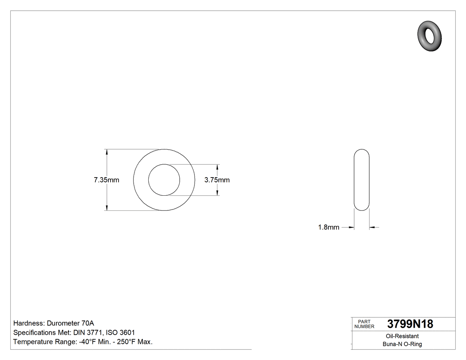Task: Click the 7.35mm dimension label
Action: (x=106, y=180)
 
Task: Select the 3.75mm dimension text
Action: (x=217, y=180)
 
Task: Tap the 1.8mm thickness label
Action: (x=328, y=227)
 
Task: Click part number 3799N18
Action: (x=410, y=324)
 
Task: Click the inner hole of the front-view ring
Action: (x=164, y=180)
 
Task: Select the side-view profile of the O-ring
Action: (x=362, y=180)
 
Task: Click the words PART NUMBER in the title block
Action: (x=364, y=324)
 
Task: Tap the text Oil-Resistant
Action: (x=402, y=336)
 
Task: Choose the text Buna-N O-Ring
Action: (x=402, y=344)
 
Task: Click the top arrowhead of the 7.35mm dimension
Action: (x=107, y=152)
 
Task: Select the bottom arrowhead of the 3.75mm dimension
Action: (x=217, y=192)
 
